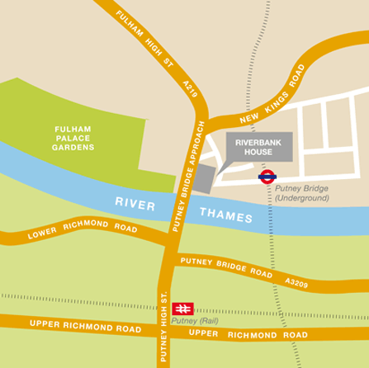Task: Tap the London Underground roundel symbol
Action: [267, 175]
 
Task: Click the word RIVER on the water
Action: [135, 202]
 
